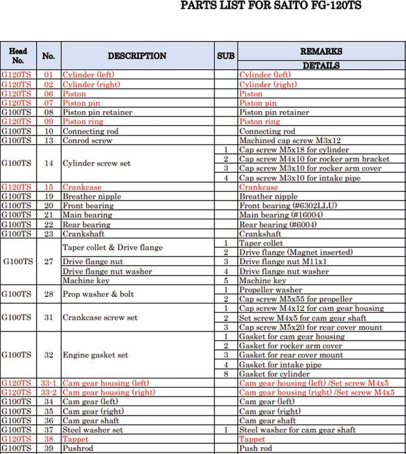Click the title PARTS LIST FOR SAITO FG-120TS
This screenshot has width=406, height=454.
pyautogui.click(x=271, y=6)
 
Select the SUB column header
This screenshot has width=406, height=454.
pyautogui.click(x=225, y=56)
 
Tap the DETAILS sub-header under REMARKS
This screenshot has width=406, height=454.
pyautogui.click(x=321, y=66)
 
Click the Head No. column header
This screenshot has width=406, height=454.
pyautogui.click(x=18, y=56)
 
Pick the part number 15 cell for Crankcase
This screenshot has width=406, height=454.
pyautogui.click(x=49, y=187)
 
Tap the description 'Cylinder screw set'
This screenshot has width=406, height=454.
pyautogui.click(x=97, y=164)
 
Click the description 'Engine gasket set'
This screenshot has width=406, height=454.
pyautogui.click(x=95, y=355)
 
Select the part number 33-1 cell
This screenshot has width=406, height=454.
pyautogui.click(x=49, y=383)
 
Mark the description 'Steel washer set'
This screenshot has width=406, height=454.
pyautogui.click(x=93, y=430)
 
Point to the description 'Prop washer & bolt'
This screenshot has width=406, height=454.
pyautogui.click(x=98, y=294)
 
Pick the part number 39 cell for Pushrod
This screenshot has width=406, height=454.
pyautogui.click(x=49, y=448)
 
